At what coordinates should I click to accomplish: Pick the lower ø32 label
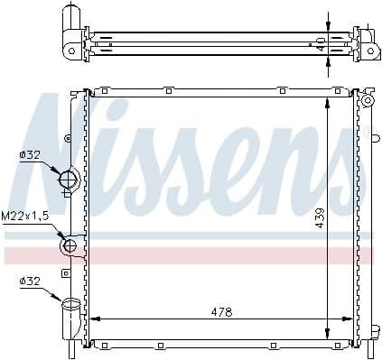pyautogui.click(x=30, y=282)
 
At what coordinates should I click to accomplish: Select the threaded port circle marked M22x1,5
pyautogui.click(x=70, y=245)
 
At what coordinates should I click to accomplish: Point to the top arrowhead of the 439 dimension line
pyautogui.click(x=328, y=100)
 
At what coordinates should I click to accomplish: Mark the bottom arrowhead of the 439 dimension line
pyautogui.click(x=328, y=335)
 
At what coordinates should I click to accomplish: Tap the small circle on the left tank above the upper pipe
pyautogui.click(x=69, y=137)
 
